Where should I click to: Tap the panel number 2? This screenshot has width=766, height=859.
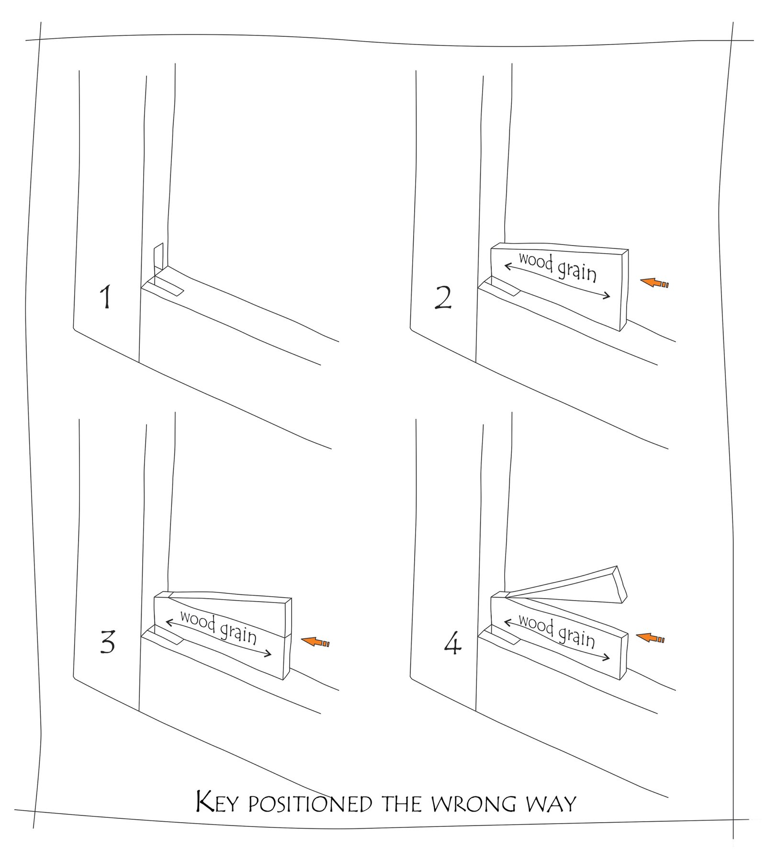pyautogui.click(x=443, y=297)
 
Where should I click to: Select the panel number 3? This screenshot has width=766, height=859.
pyautogui.click(x=108, y=642)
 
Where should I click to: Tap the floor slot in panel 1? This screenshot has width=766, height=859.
pyautogui.click(x=164, y=286)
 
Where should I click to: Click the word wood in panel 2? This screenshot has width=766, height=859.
pyautogui.click(x=536, y=261)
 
